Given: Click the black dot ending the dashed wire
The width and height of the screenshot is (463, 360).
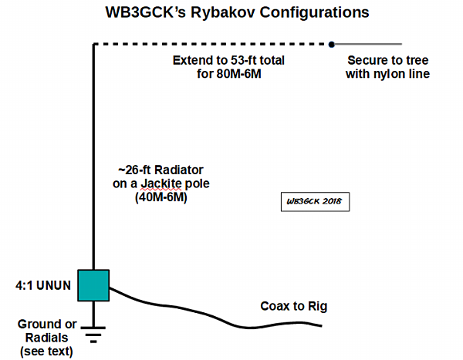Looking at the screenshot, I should tap(332, 44).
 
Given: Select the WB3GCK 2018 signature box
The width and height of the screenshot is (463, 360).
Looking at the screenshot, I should tap(315, 202).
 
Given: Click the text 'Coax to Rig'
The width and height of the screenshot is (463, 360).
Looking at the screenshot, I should tap(293, 306).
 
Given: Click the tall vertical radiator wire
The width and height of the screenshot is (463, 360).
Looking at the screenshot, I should tap(94, 154).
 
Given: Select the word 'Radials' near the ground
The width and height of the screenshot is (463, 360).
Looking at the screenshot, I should tap(42, 338).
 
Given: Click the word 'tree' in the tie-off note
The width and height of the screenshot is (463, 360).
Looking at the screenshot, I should tap(412, 60).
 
